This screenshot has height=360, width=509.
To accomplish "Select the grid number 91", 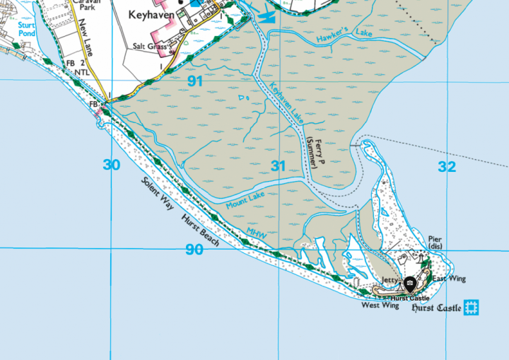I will [x=195, y=81].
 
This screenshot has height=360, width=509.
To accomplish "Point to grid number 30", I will [x=111, y=166].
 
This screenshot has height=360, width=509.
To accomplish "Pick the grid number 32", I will [x=446, y=166].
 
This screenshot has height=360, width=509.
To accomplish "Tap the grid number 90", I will [x=194, y=249].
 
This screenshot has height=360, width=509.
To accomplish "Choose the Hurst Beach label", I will [x=199, y=230].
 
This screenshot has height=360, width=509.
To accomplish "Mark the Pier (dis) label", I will [x=435, y=243].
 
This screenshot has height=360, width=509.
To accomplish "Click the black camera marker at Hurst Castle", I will [x=409, y=284].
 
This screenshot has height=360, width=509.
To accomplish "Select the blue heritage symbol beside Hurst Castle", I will [x=472, y=308].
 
